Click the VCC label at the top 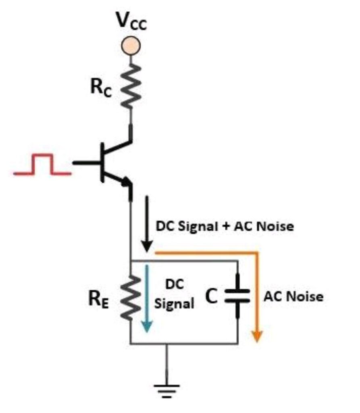point(132,21)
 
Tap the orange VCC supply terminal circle point(131,46)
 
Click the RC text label point(101,88)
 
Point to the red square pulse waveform point(42,164)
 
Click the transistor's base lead point(87,163)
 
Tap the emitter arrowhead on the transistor point(126,182)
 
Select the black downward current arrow point(147,223)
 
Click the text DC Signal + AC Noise point(225,226)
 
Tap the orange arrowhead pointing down point(257,336)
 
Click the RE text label point(98,300)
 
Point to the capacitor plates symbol point(237,296)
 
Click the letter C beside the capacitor point(211,296)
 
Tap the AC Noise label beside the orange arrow point(293,296)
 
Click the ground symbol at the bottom point(166,391)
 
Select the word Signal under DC point(174,303)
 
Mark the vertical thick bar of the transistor point(102,163)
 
